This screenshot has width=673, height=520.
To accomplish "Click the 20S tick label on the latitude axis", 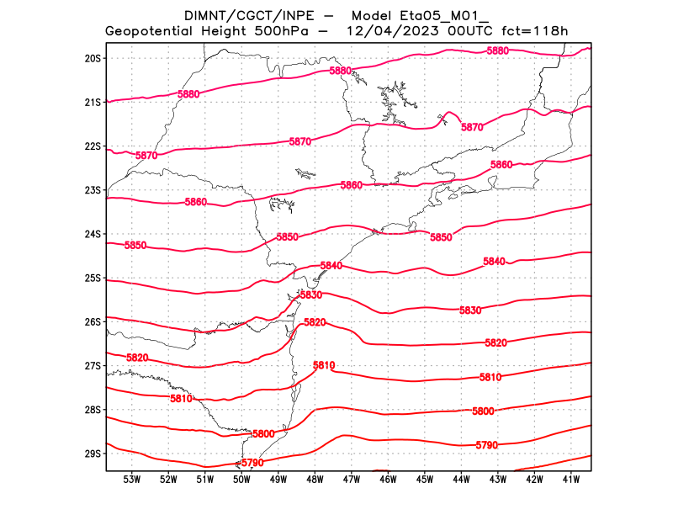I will click(93, 58).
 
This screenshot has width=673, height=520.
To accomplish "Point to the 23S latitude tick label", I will click(93, 190).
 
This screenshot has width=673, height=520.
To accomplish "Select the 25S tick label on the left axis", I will click(93, 278).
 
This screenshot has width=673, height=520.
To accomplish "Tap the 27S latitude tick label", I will click(93, 366).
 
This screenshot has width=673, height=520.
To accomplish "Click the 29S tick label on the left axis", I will click(93, 454).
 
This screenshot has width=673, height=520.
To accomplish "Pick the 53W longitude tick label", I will click(131, 480).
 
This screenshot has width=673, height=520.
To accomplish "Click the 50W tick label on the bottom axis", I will click(241, 480).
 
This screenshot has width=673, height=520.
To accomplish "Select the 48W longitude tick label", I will click(315, 480).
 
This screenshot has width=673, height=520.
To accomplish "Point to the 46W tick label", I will click(388, 480).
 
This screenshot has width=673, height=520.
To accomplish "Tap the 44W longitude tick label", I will click(461, 480).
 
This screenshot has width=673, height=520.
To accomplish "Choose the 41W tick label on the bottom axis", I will click(570, 480).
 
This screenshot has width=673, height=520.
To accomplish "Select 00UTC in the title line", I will click(469, 32).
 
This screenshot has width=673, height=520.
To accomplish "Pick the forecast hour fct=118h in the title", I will click(536, 32).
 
